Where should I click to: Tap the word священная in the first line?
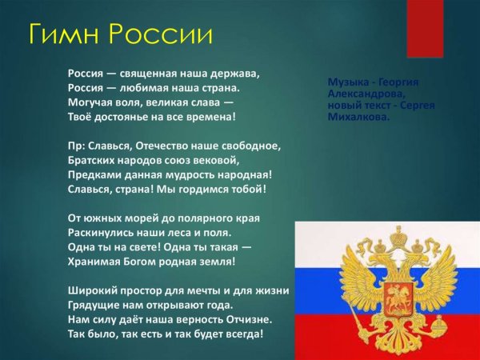(159, 73)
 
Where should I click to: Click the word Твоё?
(82, 116)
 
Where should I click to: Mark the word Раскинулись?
(103, 232)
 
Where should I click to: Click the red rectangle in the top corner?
(425, 29)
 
